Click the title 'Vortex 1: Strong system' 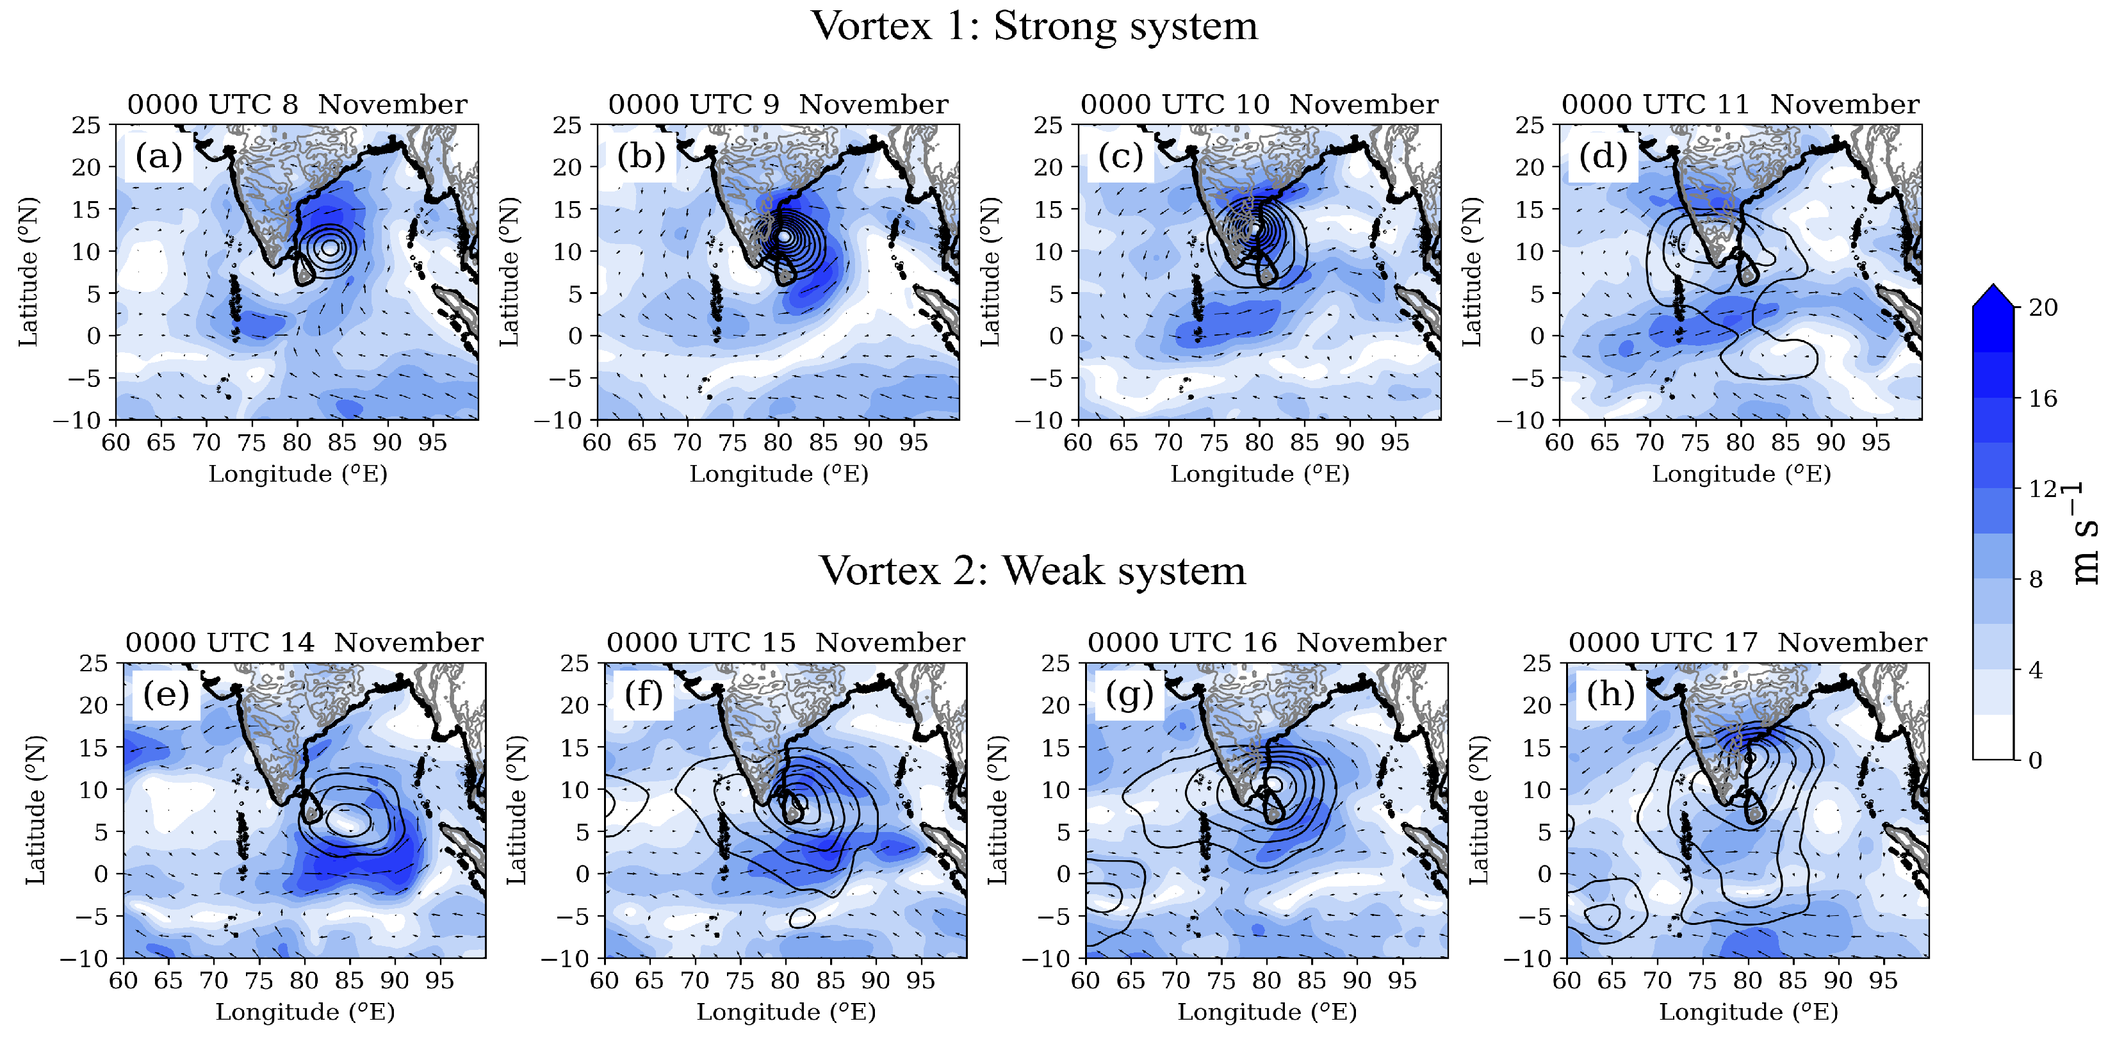(1034, 26)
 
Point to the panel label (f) (643, 694)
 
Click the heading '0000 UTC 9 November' (778, 105)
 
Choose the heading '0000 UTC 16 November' (1267, 643)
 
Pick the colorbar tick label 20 (2043, 308)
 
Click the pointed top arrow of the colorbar (1993, 295)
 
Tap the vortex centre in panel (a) (329, 247)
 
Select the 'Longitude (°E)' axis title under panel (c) (1259, 475)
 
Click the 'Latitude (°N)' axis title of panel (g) (997, 810)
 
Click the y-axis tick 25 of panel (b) (568, 126)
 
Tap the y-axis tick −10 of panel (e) (84, 959)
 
